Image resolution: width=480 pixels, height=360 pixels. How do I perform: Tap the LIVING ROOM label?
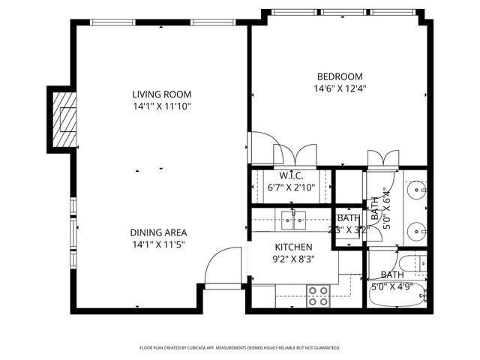pos(161,94)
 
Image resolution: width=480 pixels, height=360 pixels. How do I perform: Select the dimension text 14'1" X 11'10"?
pos(161,106)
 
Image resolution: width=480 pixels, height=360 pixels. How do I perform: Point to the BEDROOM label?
pos(340,76)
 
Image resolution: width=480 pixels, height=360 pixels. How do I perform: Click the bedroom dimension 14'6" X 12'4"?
pos(340,88)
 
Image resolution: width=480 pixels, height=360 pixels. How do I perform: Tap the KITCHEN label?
pos(293,247)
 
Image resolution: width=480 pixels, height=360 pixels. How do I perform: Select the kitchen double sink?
pos(293,220)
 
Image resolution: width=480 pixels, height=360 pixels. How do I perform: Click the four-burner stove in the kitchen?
pos(318,295)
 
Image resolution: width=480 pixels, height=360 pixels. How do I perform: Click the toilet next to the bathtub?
pos(421,263)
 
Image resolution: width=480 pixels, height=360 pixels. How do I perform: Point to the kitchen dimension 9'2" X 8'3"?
pos(293,259)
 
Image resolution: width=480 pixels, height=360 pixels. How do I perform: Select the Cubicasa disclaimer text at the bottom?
pos(240,348)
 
